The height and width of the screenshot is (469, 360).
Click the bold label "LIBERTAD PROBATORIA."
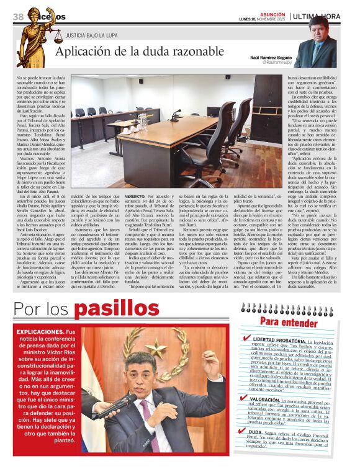[x=279, y=341]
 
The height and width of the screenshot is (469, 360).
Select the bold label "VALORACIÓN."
[x=268, y=400]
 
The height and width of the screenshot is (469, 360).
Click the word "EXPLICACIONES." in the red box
[x=38, y=333]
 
